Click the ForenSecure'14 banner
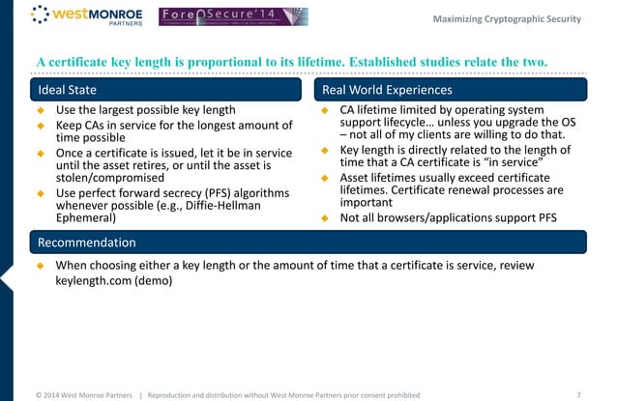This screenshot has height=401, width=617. point(233,16)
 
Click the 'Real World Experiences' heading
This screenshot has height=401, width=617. point(388,90)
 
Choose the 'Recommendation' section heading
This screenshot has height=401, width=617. point(87,242)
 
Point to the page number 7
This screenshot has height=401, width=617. point(577,393)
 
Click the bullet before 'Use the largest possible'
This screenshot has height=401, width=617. point(41,111)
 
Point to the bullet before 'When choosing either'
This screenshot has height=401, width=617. point(41,265)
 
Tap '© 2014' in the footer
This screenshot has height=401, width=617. point(52,393)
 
